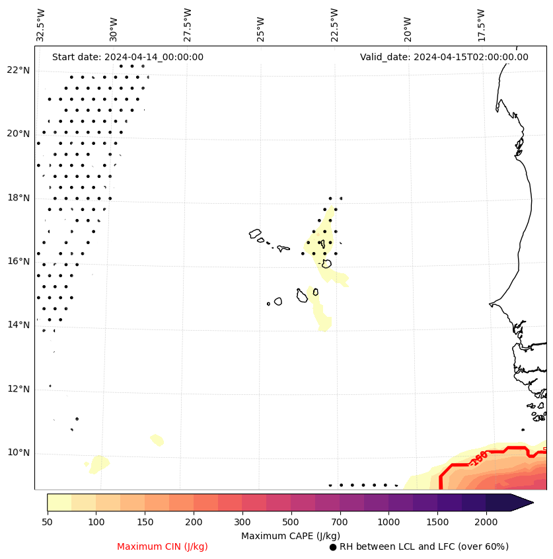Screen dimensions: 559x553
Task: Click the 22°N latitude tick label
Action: pos(18,70)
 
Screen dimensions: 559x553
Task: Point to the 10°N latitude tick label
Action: pos(18,453)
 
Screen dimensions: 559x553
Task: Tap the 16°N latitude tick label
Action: pos(18,261)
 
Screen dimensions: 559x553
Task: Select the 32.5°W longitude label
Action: pos(41,25)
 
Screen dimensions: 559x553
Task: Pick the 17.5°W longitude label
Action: pos(481,25)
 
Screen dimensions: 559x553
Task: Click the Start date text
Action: pos(128,57)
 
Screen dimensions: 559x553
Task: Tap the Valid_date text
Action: pos(444,57)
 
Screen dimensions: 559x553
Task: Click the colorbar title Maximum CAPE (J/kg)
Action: pos(291,536)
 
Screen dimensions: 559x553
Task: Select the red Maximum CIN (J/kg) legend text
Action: pos(163,547)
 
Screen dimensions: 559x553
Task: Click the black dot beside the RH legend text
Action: pos(333,547)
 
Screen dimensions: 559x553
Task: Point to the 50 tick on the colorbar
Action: pos(47,523)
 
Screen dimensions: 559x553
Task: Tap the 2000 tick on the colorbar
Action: pos(486,523)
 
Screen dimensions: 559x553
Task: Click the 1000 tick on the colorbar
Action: pos(388,523)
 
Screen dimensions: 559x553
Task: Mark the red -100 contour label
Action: pos(478,458)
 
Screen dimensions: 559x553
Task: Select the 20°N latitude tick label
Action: pos(18,134)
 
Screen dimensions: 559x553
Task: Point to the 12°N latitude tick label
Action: pos(18,389)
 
